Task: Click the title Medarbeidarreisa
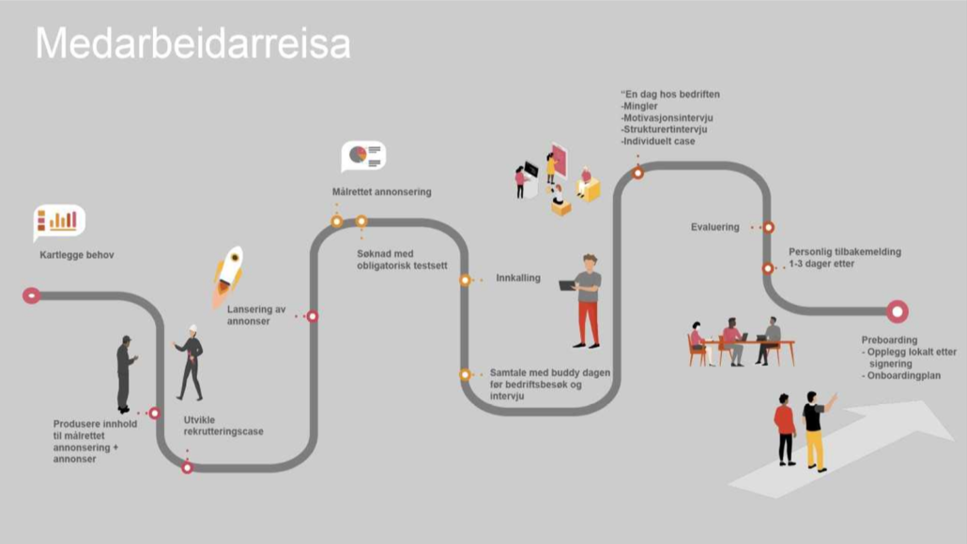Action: tap(193, 43)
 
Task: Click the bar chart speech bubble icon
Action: tap(58, 221)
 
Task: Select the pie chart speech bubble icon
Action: tap(364, 156)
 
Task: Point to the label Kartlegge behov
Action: tap(76, 255)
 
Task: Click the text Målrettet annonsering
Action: tap(382, 192)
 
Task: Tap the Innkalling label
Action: tap(518, 278)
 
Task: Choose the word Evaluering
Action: tap(714, 227)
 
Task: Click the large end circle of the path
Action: tap(898, 311)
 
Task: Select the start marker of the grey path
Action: tap(32, 295)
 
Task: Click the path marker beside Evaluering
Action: tap(768, 227)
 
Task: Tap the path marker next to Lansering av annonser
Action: tap(313, 316)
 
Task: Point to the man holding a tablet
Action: tap(584, 301)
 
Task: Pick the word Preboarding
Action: tap(889, 340)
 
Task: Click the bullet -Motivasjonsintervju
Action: tap(667, 117)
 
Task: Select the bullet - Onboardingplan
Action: tap(901, 376)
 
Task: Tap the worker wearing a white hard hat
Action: tap(191, 363)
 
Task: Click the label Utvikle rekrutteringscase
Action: tap(223, 426)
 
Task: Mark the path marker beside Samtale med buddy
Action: tap(465, 374)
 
